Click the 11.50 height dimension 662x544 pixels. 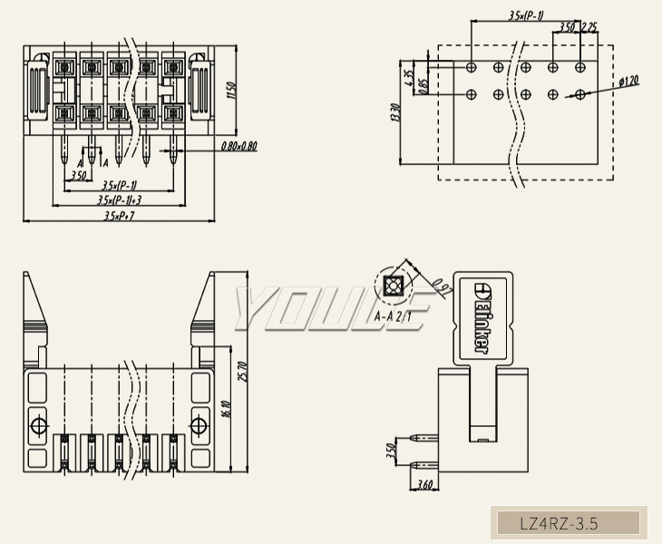[x=231, y=92]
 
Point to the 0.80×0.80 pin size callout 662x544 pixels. [x=239, y=146]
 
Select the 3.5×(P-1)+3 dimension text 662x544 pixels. [x=121, y=199]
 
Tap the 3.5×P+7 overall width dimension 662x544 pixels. [x=119, y=216]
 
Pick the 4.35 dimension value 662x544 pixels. [x=409, y=78]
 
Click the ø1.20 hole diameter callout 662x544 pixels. [x=628, y=81]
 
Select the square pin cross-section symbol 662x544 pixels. [x=392, y=287]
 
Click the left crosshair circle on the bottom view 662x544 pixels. [x=39, y=425]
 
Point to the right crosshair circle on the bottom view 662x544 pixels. [x=199, y=425]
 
